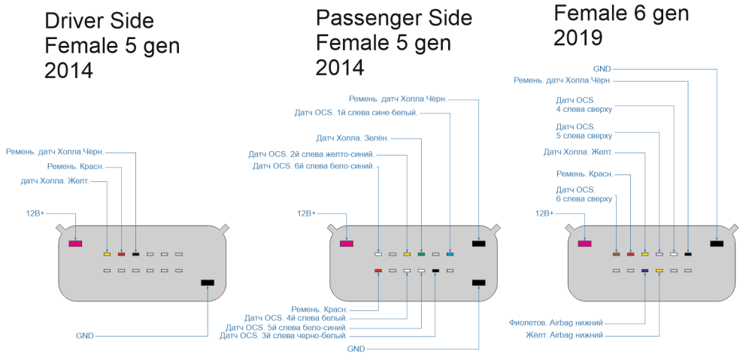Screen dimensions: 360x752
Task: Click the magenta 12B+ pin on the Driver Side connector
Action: click(75, 244)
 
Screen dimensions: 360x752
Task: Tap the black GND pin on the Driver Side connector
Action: click(208, 283)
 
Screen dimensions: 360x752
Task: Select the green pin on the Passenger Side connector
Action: click(421, 255)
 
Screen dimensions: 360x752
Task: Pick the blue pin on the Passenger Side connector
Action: click(450, 255)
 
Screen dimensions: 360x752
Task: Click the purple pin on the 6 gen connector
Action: click(645, 270)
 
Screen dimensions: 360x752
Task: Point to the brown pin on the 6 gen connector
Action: click(616, 255)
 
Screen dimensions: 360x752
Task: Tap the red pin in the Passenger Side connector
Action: click(378, 270)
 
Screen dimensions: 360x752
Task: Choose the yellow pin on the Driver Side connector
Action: click(107, 255)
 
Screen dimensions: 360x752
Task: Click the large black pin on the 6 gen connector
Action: click(717, 244)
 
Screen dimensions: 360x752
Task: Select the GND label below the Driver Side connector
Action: click(85, 336)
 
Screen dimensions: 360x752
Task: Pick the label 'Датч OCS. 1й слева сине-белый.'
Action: click(356, 113)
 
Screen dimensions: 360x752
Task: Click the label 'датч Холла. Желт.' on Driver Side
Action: click(55, 181)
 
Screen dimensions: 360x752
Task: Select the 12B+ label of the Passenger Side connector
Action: click(306, 213)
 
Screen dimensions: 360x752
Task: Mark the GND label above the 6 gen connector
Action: click(602, 68)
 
